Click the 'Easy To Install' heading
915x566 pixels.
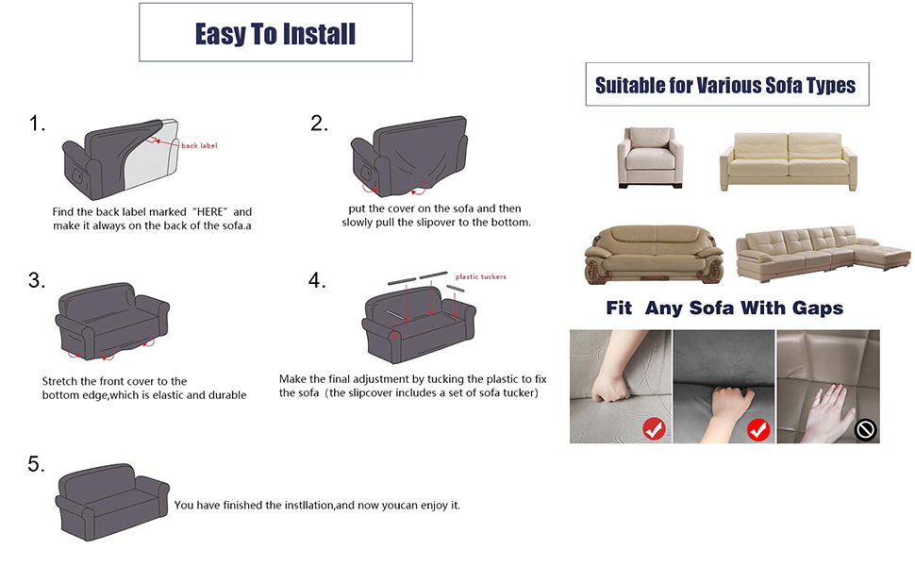click(x=275, y=34)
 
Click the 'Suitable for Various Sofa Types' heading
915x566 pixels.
click(x=725, y=86)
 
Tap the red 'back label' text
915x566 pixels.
click(x=199, y=145)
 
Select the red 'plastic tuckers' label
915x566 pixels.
click(x=481, y=276)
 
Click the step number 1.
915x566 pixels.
click(x=37, y=124)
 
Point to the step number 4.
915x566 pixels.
click(x=316, y=280)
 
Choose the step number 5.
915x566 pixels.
click(x=37, y=463)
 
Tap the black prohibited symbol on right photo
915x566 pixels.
click(x=865, y=430)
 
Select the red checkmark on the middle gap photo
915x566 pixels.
click(x=757, y=430)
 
